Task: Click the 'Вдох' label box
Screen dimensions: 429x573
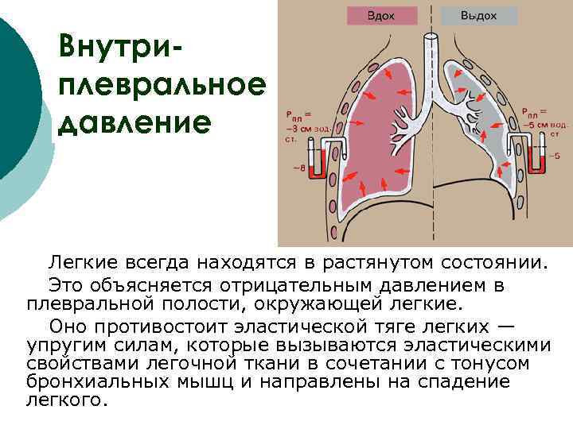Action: [x=382, y=15]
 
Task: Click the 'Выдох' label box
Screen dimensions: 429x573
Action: [x=478, y=15]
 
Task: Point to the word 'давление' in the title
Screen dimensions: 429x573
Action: [x=135, y=122]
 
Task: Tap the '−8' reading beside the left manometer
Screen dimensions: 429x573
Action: [x=298, y=168]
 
